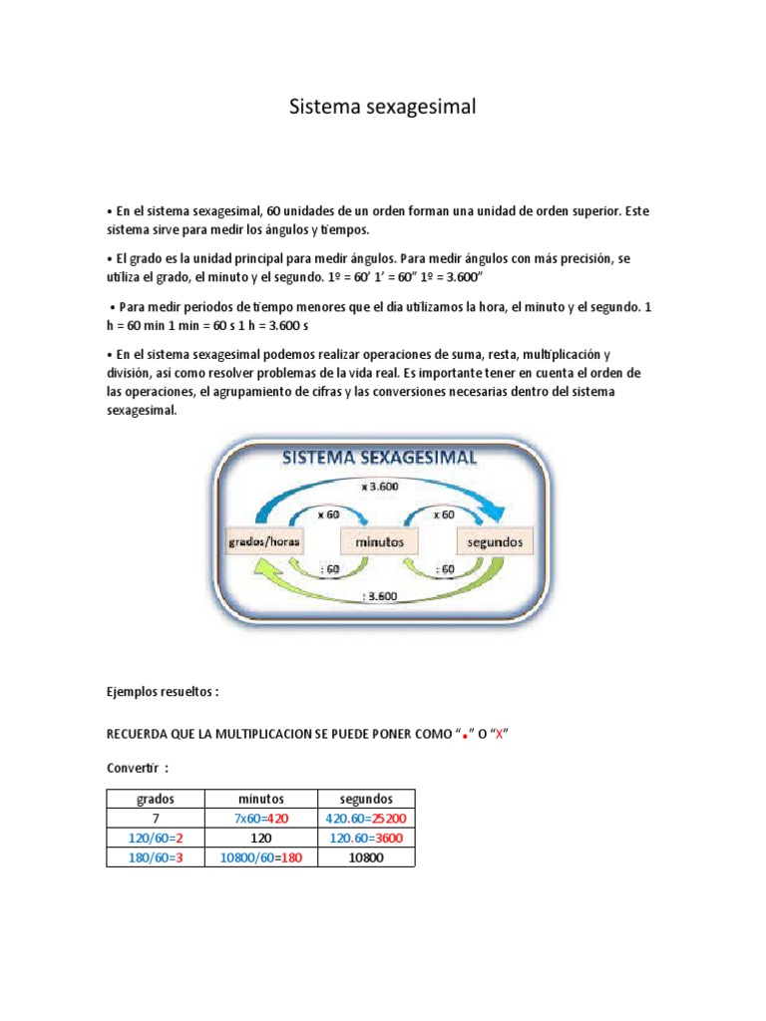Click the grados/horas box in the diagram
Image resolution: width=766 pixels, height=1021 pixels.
263,542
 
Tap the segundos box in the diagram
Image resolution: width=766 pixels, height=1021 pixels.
496,542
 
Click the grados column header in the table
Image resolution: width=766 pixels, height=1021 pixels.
155,799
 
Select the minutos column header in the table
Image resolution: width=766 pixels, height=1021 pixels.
260,799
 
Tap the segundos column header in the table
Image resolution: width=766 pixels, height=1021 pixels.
365,799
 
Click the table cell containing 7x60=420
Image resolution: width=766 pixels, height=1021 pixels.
260,819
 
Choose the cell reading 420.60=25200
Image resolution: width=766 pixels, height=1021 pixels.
365,819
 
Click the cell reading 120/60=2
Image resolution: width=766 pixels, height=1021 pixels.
155,838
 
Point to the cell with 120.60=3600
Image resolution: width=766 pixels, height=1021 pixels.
365,838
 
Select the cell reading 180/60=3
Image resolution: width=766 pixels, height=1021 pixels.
155,857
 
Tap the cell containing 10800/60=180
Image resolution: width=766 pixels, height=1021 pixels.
260,857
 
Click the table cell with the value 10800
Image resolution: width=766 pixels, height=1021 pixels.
365,857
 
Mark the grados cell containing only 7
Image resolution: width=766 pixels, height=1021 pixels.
155,819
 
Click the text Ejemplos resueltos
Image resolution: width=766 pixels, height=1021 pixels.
162,691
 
